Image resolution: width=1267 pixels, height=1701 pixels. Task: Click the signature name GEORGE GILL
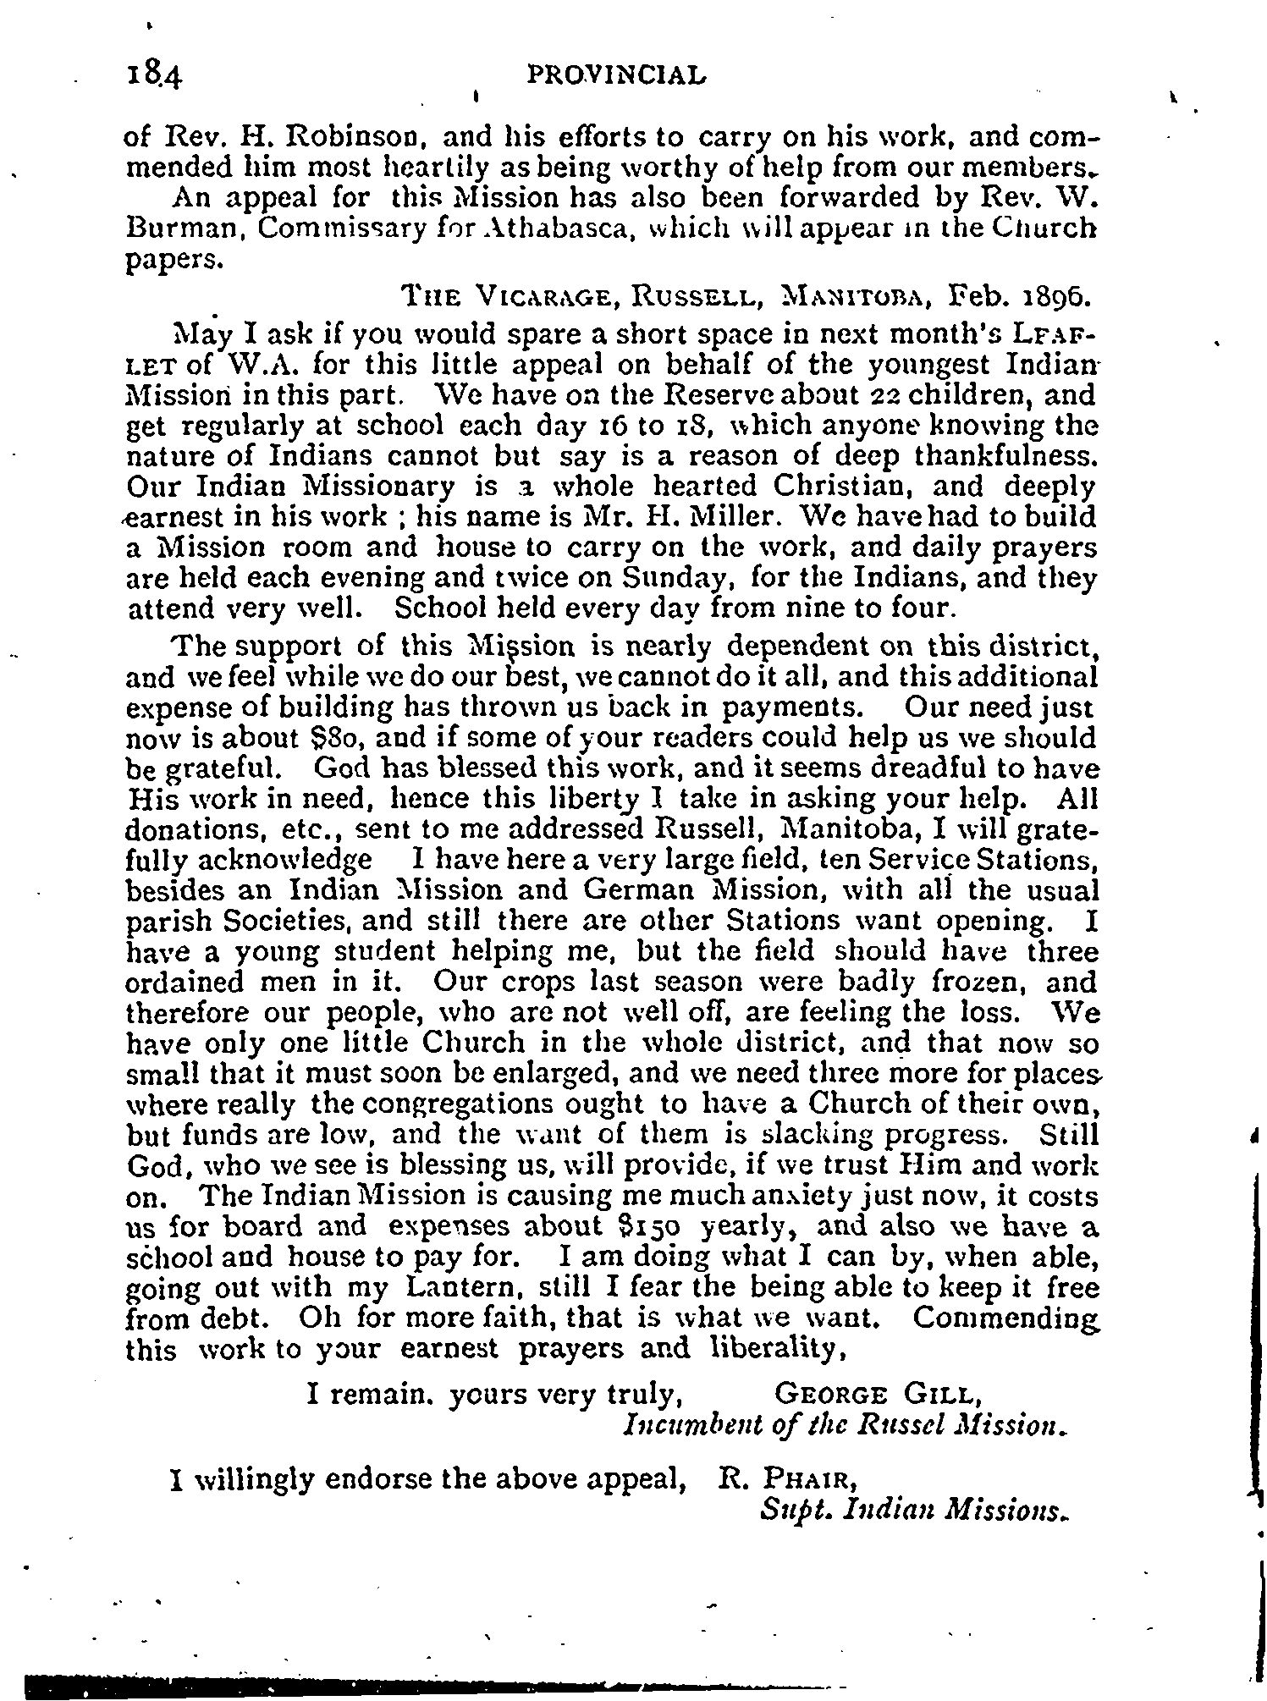pyautogui.click(x=879, y=1392)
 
